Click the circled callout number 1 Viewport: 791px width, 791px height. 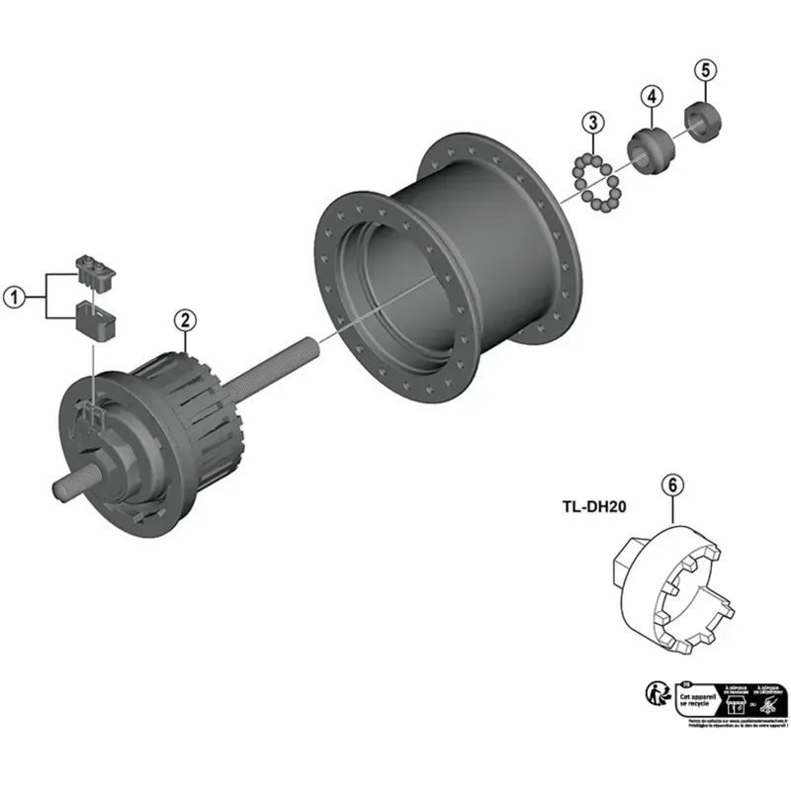14,295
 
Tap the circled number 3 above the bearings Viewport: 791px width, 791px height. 591,123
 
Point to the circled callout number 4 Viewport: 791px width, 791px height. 651,96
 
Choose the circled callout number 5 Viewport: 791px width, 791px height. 704,70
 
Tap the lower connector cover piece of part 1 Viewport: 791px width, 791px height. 96,319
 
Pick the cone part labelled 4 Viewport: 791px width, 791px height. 651,147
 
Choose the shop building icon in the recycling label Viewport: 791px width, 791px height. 735,702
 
